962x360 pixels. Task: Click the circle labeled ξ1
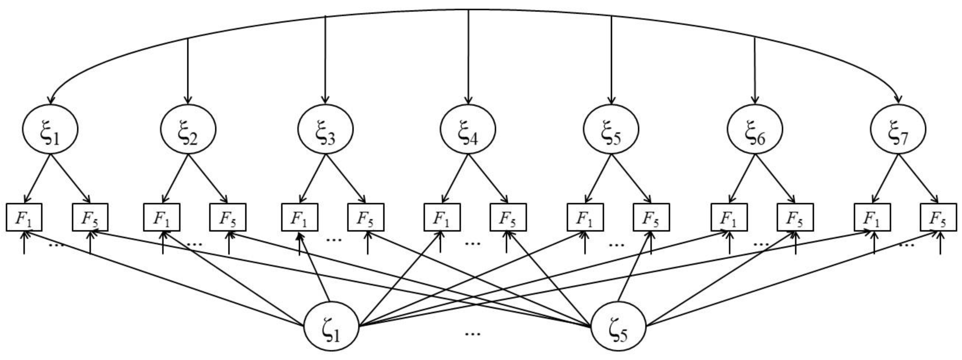point(50,129)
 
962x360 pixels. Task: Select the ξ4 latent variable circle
point(468,129)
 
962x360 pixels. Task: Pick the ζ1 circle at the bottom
point(331,326)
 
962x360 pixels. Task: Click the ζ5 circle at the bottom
point(618,326)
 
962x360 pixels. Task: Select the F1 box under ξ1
point(24,217)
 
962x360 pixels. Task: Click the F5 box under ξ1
point(90,217)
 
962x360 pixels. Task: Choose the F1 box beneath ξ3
point(299,217)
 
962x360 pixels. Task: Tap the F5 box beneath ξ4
point(508,217)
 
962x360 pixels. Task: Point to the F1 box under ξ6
point(729,217)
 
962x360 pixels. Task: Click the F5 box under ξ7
point(938,217)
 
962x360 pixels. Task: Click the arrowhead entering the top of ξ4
point(468,100)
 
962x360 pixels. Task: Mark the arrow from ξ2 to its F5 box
point(208,179)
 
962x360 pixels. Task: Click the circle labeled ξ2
point(188,129)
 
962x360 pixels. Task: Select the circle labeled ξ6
point(754,129)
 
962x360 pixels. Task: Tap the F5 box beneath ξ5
point(651,217)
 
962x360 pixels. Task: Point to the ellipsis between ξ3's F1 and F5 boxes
point(334,239)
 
